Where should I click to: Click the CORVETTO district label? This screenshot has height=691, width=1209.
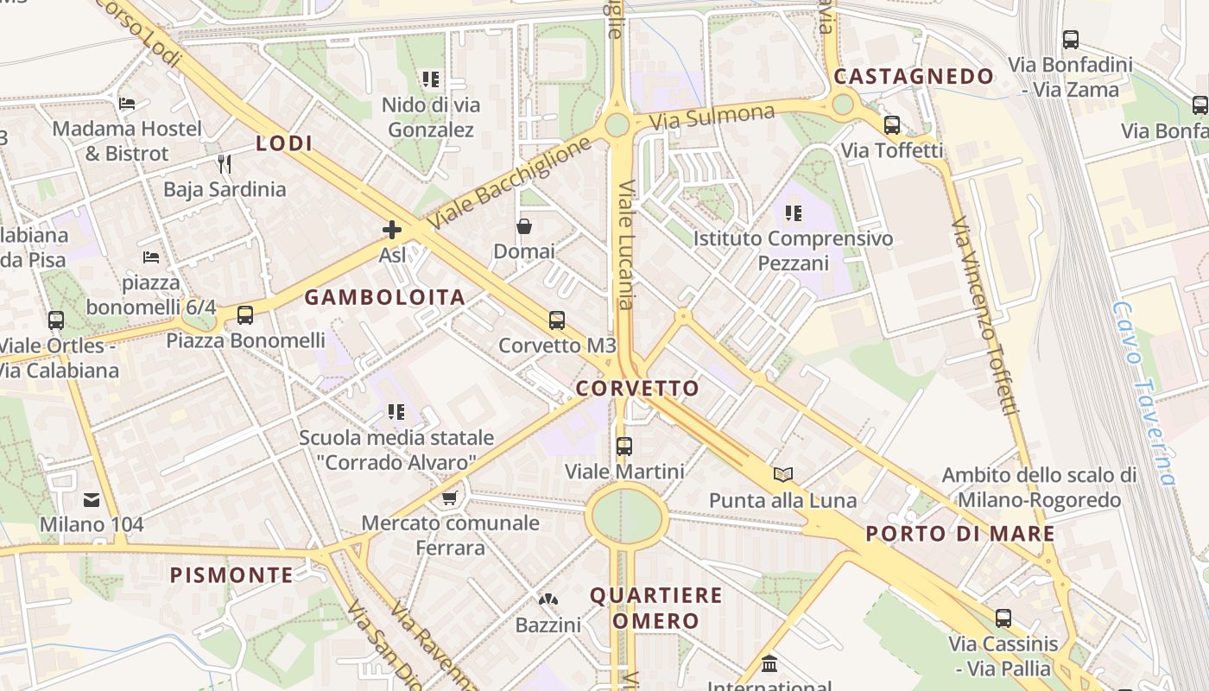click(636, 389)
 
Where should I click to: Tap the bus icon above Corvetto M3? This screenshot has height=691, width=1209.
click(557, 320)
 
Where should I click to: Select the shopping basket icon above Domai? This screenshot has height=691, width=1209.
click(524, 226)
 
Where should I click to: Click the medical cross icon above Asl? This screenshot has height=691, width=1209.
click(392, 230)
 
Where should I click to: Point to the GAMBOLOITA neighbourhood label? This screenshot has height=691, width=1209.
click(385, 298)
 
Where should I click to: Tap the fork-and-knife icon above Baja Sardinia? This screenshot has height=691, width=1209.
click(225, 163)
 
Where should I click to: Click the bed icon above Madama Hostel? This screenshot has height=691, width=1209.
click(127, 104)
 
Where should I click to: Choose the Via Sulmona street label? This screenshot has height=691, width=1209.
click(712, 117)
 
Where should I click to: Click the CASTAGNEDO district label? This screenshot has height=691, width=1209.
click(914, 77)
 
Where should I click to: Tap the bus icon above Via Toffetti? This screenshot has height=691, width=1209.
click(892, 125)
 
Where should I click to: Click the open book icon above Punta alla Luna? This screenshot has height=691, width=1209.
click(783, 474)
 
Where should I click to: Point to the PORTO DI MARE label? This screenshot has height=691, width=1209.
click(960, 534)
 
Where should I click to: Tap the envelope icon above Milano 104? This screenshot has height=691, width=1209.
click(92, 499)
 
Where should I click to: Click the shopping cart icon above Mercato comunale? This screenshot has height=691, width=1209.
click(449, 498)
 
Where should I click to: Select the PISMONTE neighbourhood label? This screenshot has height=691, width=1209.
click(231, 575)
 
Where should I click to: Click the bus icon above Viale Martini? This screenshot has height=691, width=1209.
click(624, 447)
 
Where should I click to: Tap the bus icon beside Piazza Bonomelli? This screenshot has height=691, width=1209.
click(245, 315)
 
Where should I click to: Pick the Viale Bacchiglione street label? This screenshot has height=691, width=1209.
click(510, 182)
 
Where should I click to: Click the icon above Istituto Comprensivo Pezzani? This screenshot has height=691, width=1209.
click(794, 212)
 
